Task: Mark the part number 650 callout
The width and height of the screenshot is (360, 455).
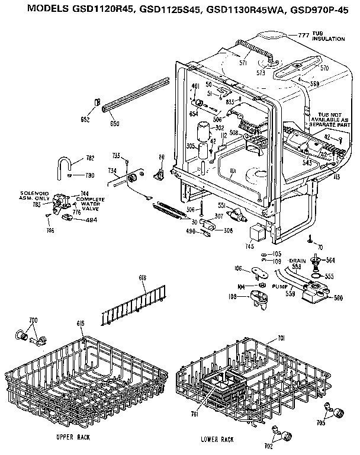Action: pos(114,123)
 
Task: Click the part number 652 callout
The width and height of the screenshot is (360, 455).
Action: pos(85,120)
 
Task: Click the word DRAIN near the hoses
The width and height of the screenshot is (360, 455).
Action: pos(297,260)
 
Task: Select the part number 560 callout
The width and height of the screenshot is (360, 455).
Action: pos(337,297)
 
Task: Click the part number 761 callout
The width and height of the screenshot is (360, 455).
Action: pos(194,415)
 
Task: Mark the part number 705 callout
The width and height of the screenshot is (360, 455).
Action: pos(337,423)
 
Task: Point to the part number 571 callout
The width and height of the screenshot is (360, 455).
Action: pos(243,62)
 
